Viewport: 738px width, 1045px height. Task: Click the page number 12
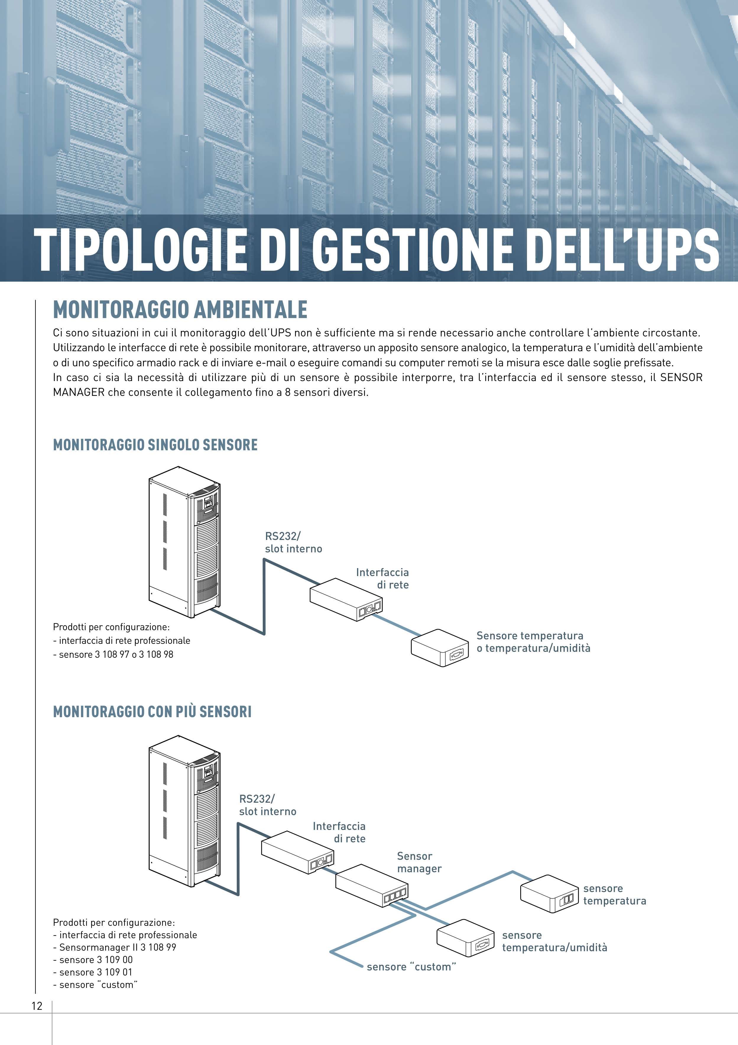[37, 1006]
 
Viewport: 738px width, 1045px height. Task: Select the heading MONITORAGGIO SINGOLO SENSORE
[155, 445]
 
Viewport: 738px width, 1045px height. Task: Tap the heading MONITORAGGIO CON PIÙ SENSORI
[152, 711]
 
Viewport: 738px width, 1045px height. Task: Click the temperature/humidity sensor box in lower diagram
[465, 938]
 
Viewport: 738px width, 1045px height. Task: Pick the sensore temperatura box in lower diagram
[549, 894]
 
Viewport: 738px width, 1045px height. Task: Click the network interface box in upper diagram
[346, 599]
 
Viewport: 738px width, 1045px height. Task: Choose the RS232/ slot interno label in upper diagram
[293, 542]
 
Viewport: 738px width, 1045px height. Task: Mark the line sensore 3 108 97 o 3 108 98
[113, 654]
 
